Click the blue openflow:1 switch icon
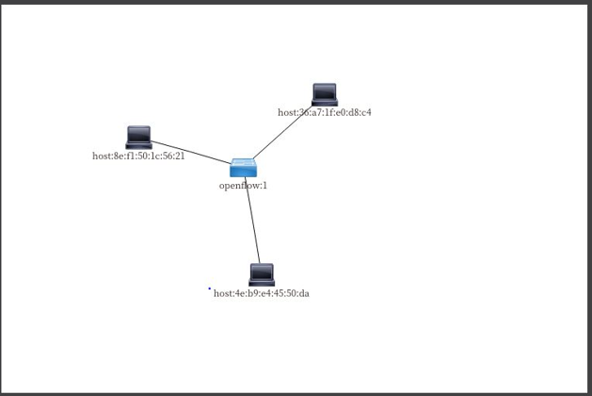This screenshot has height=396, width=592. [x=244, y=168]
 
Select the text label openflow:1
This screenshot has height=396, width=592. [x=243, y=186]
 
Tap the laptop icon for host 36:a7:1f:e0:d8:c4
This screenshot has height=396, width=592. [x=324, y=94]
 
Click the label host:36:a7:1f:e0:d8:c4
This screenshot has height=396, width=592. [x=324, y=112]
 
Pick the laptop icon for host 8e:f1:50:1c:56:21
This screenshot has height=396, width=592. [x=138, y=138]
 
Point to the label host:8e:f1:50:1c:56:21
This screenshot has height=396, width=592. [x=138, y=156]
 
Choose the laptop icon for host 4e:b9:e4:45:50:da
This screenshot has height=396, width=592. [x=262, y=274]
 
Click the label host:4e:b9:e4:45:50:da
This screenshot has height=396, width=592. [x=261, y=293]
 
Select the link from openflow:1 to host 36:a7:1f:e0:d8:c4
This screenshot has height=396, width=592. [x=282, y=132]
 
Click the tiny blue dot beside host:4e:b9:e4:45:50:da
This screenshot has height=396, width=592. [x=209, y=289]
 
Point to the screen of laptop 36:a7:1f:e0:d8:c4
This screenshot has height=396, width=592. [x=324, y=91]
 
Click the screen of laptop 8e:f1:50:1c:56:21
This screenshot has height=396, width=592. [x=138, y=135]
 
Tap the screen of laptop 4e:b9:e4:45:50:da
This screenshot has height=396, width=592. [x=262, y=272]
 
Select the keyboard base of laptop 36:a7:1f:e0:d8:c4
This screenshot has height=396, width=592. [x=324, y=103]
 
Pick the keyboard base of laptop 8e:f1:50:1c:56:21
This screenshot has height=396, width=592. [x=138, y=146]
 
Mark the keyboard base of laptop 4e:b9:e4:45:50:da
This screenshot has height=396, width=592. [x=262, y=283]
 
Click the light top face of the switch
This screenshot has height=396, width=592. [x=244, y=163]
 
